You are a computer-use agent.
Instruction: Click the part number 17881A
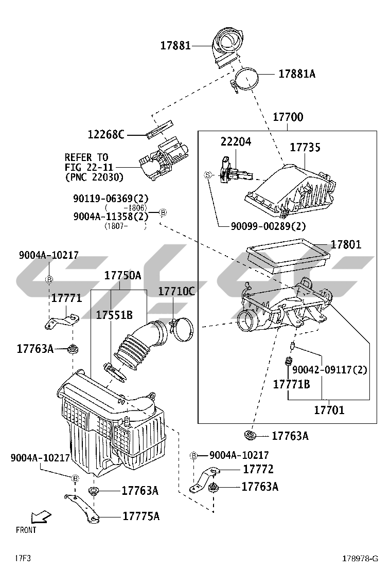click(x=297, y=74)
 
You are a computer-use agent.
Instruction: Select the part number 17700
click(x=288, y=118)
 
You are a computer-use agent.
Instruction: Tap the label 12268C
click(x=106, y=135)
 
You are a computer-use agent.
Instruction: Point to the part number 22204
click(x=236, y=141)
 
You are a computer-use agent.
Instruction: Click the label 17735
click(x=305, y=148)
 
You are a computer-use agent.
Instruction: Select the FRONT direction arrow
click(x=40, y=516)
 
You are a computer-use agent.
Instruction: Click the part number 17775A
click(x=140, y=516)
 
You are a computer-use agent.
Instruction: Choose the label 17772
click(x=258, y=469)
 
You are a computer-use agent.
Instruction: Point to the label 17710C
click(x=176, y=292)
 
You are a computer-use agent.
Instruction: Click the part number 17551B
click(x=114, y=315)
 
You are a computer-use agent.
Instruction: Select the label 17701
click(x=329, y=410)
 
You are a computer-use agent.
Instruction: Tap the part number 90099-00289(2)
click(x=261, y=226)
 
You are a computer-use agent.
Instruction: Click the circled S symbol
click(x=208, y=175)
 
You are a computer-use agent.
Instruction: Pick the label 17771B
click(x=291, y=384)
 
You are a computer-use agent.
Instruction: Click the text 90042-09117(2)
click(x=330, y=370)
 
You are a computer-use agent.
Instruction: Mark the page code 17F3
click(x=23, y=558)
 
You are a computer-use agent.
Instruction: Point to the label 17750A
click(x=122, y=276)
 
